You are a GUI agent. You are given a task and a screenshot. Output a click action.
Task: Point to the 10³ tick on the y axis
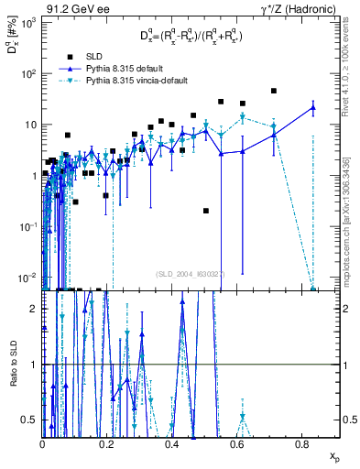click(28, 22)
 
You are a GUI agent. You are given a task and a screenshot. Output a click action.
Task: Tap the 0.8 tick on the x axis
click(302, 444)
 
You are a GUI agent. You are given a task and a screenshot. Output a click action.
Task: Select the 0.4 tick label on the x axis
click(172, 444)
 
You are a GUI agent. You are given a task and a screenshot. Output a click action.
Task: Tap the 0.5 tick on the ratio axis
click(33, 420)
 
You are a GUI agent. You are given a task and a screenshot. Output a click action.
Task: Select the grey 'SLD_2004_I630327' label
click(191, 273)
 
